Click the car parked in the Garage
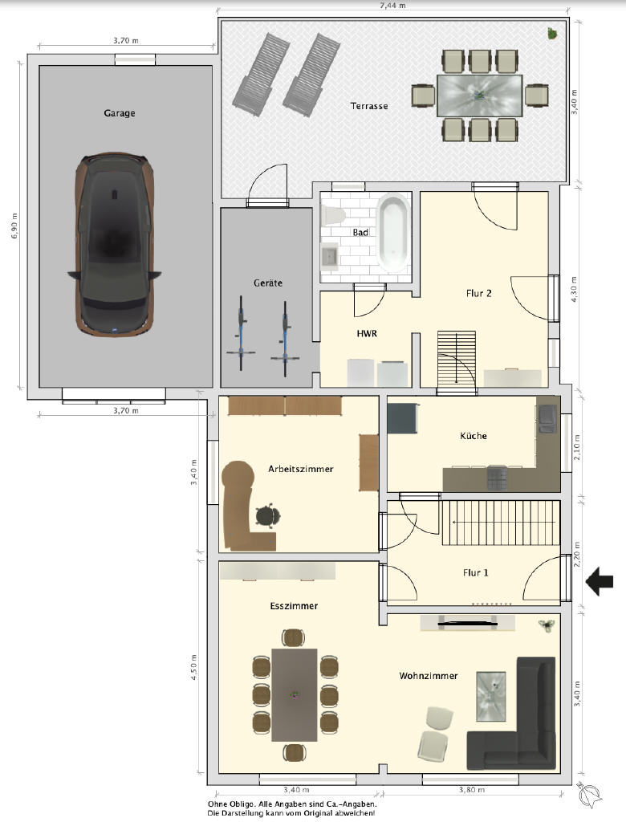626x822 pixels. click(114, 244)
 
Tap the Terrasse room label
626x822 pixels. click(369, 106)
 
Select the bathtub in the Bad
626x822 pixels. click(393, 233)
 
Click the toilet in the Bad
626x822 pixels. click(333, 215)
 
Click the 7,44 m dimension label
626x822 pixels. click(392, 6)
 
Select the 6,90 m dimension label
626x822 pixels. click(14, 226)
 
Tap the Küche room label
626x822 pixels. click(473, 436)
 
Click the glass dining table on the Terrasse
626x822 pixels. click(480, 96)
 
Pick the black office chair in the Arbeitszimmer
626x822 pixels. click(270, 516)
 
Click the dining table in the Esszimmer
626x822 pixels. click(294, 694)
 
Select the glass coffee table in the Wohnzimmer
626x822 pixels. click(490, 696)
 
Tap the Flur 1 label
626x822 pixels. click(476, 573)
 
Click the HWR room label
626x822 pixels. click(367, 333)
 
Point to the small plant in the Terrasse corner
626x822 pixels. click(552, 34)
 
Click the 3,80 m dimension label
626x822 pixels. click(471, 790)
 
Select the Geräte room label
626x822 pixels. click(268, 283)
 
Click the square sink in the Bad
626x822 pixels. click(330, 256)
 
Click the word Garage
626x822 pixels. click(120, 112)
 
